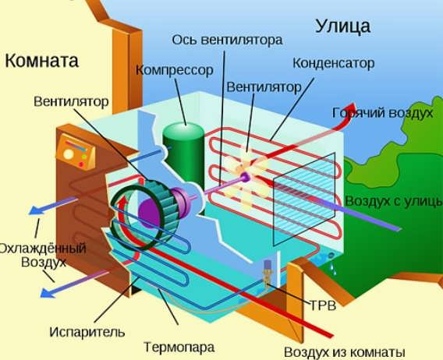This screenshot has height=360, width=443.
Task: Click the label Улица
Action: [x=342, y=26]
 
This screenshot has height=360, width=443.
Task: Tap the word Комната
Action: [x=41, y=61]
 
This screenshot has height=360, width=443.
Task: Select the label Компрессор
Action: [x=175, y=70]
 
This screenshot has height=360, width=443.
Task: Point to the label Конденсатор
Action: [x=333, y=63]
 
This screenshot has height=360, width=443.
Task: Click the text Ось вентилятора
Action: [x=227, y=40]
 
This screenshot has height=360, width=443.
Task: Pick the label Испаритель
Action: [x=87, y=332]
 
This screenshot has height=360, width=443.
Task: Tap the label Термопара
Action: [x=179, y=347]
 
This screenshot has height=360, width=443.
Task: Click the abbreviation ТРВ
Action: [x=323, y=305]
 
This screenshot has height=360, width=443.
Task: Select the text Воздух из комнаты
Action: [x=345, y=352]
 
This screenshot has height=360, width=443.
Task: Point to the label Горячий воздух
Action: [x=382, y=113]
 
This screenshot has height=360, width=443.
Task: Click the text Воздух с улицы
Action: [x=394, y=201]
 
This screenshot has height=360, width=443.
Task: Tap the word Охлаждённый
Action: [x=42, y=249]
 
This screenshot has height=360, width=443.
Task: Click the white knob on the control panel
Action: [x=69, y=154]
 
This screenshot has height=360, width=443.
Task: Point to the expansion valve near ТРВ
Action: [x=267, y=274]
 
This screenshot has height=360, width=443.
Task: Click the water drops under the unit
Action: [x=334, y=269]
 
